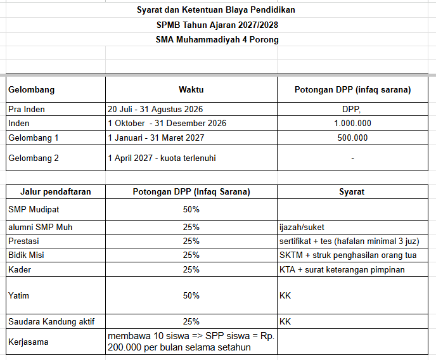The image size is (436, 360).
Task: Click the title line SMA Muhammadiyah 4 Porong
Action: (x=217, y=40)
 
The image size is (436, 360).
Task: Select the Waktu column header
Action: (x=191, y=89)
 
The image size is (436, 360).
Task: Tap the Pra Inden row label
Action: (x=27, y=109)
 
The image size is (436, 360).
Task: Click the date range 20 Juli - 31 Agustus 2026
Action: (x=155, y=109)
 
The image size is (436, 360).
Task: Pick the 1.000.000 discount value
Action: (x=352, y=123)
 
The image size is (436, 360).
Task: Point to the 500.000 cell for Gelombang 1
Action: (x=352, y=138)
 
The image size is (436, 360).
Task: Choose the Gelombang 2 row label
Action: (x=34, y=158)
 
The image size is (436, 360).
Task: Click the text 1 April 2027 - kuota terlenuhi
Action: (x=162, y=158)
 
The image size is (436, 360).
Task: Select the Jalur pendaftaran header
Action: (x=56, y=192)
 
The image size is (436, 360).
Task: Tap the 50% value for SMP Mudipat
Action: (x=191, y=209)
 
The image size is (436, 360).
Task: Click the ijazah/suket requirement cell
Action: (x=302, y=228)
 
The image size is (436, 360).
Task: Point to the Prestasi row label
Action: (x=23, y=241)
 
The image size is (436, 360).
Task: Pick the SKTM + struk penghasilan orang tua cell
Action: (x=348, y=255)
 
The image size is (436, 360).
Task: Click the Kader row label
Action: (x=20, y=269)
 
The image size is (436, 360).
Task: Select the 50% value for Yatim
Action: (x=191, y=295)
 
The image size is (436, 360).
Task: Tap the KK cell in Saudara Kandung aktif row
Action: (x=285, y=321)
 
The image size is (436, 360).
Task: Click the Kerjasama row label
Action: (x=29, y=342)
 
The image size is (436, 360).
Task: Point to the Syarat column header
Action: (x=352, y=192)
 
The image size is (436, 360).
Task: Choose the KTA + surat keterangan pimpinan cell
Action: (x=342, y=269)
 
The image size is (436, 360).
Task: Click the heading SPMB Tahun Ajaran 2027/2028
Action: (x=217, y=25)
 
